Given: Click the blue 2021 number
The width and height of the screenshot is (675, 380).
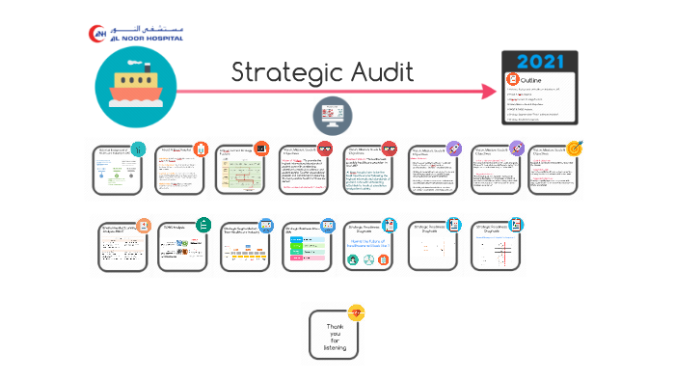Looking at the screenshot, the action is (540, 60).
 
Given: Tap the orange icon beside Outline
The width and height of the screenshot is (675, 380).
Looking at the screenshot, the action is (512, 78).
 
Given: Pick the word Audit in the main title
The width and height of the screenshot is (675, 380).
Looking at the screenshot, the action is (381, 72).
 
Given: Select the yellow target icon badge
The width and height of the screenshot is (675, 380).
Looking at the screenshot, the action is (575, 149).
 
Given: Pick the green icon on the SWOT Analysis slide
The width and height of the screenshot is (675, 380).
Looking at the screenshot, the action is (202, 225).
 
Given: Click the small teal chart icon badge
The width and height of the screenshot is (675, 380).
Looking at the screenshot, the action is (139, 149).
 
